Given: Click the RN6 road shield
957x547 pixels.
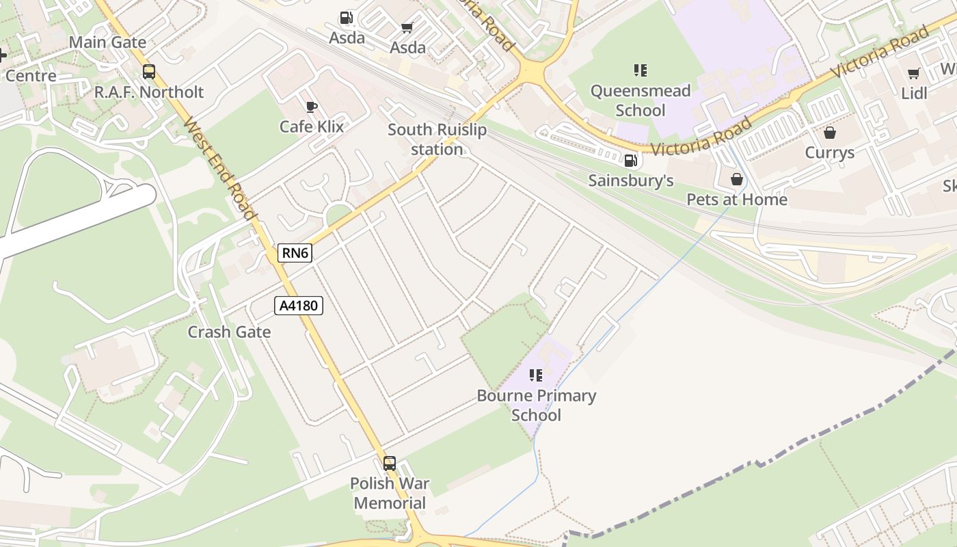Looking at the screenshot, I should [296, 253].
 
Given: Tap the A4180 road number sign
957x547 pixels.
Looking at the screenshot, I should [299, 305].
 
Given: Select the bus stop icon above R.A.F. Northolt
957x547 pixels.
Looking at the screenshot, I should [149, 72].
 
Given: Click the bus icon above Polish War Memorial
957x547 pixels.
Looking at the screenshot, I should [390, 463].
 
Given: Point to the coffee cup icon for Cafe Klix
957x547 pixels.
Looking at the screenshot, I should [312, 107].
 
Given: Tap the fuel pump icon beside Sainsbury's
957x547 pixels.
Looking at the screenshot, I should [630, 161].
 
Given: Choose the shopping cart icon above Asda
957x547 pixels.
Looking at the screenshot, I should [407, 28].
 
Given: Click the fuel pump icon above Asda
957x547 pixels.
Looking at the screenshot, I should [347, 18].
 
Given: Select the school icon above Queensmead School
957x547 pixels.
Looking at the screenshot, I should [641, 70].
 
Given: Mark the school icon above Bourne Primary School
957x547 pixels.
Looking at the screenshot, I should [536, 375].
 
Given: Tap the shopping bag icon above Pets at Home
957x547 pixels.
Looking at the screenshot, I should [737, 179].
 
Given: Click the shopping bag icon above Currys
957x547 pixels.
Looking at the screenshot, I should [830, 132].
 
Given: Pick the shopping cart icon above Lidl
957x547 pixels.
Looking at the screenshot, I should [914, 73].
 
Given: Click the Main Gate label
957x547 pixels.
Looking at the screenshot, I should [107, 42].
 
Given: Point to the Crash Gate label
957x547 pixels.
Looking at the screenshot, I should [229, 332].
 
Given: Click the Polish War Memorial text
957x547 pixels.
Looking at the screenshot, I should [390, 493].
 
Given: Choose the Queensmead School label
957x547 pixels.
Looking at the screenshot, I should [641, 101].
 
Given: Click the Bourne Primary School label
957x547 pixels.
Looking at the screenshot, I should [536, 405].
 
